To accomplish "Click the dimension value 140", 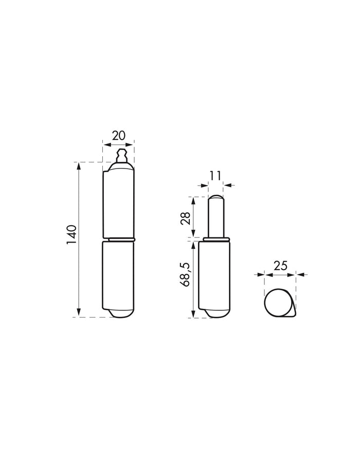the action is (71, 235).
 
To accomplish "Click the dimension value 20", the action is (119, 136).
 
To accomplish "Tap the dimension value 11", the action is (215, 176).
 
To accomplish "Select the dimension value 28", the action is (186, 219).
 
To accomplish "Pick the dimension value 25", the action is (280, 266).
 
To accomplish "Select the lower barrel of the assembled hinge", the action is (118, 276).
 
